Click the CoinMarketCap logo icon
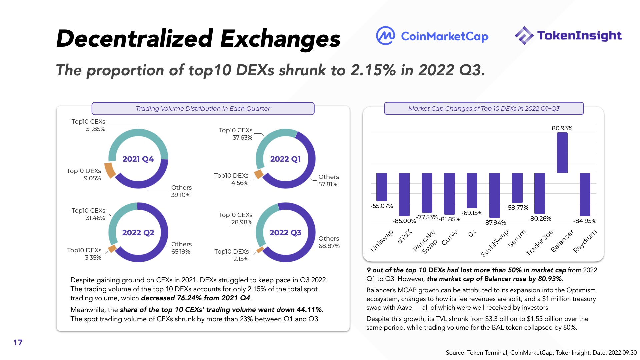tap(385, 35)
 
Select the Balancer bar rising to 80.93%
tap(562, 153)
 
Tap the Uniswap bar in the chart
tap(382, 187)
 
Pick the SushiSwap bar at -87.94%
tap(494, 196)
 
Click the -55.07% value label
tap(382, 206)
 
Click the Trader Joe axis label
tap(539, 243)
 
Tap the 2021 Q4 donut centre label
tap(138, 159)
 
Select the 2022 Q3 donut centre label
tap(285, 233)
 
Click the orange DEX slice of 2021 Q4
tap(110, 170)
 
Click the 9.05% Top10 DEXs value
tap(92, 178)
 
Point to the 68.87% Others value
tap(329, 246)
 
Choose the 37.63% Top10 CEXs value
tap(242, 138)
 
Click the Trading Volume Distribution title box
tap(203, 109)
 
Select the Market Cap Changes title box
tap(484, 109)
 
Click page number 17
tap(18, 343)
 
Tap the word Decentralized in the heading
tap(134, 39)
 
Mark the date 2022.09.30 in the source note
tap(622, 353)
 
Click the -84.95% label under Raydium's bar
tap(585, 221)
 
